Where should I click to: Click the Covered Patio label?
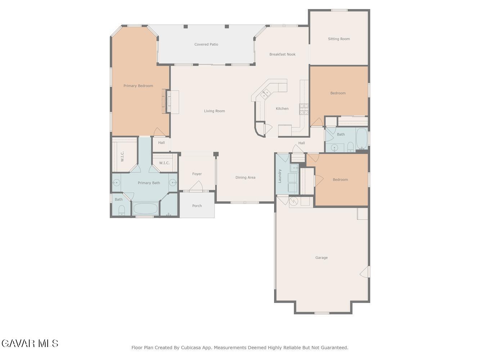(206, 44)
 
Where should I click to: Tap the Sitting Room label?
(339, 39)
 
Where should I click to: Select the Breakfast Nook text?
(282, 54)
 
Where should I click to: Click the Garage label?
(321, 258)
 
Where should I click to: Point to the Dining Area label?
(245, 177)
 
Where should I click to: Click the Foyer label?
(197, 174)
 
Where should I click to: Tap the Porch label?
(197, 206)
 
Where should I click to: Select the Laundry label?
(280, 176)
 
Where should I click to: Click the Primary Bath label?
(149, 183)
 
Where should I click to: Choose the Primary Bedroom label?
(138, 86)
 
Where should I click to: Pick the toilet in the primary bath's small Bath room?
(122, 211)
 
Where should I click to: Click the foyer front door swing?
(196, 186)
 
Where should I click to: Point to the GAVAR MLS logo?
(30, 343)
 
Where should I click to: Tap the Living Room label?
(214, 111)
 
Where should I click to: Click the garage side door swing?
(364, 272)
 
